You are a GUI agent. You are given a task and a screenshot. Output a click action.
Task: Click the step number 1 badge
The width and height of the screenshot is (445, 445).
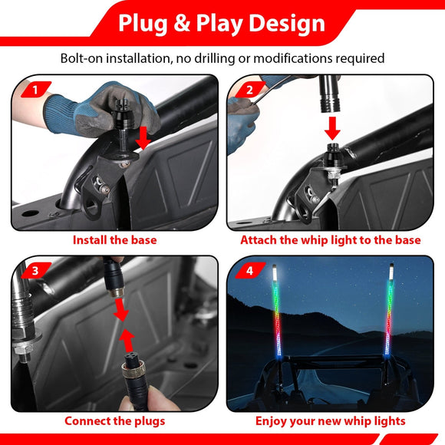tap(35, 89)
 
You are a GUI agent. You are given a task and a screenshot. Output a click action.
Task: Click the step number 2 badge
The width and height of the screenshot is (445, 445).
tap(249, 89)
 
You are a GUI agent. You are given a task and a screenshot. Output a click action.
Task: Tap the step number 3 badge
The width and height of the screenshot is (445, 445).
tap(35, 270)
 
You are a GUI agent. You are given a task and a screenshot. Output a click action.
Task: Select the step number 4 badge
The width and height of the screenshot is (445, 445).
tap(250, 270)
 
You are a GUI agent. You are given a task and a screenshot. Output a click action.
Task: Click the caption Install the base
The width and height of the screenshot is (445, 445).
tap(115, 240)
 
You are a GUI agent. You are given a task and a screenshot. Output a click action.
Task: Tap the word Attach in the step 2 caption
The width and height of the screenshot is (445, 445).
tap(261, 240)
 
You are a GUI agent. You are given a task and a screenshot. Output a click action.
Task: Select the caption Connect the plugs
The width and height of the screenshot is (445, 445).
tap(114, 420)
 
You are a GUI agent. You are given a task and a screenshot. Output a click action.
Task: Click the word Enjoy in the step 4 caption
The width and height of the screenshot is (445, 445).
tap(272, 420)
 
